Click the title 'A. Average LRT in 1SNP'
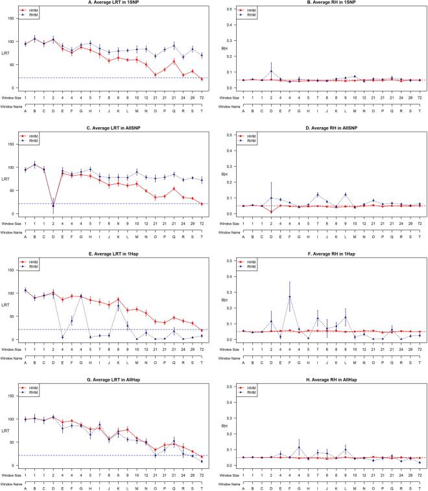click(x=114, y=4)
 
